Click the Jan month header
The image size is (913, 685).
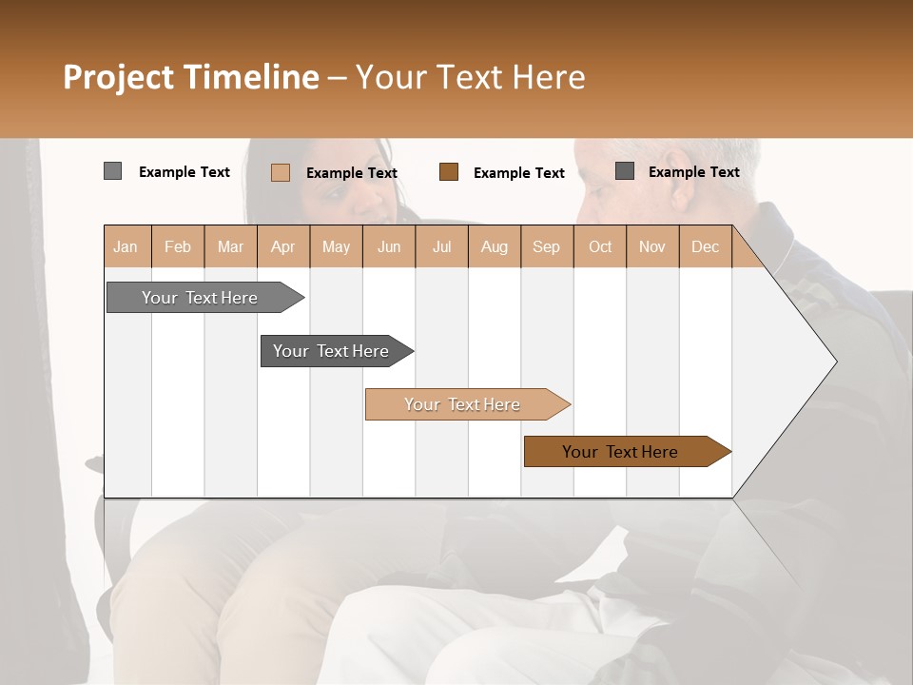(x=126, y=246)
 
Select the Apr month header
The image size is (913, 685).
(x=282, y=246)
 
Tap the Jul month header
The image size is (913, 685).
(x=441, y=246)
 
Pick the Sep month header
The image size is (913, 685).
(x=546, y=246)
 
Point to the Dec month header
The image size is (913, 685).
(x=705, y=246)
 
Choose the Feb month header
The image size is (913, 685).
(x=177, y=246)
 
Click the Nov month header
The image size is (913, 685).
(x=651, y=246)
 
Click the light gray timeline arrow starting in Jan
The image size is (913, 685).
(x=200, y=298)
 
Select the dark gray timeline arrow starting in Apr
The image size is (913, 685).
(x=331, y=351)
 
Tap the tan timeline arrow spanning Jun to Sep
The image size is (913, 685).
(x=462, y=404)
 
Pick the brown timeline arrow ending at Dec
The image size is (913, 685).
(x=620, y=452)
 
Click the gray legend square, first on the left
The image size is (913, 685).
(x=112, y=171)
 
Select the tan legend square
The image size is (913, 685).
(x=280, y=172)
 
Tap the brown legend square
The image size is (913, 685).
(x=449, y=172)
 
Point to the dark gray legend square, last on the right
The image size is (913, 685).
(x=625, y=171)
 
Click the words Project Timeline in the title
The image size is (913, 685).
(x=190, y=77)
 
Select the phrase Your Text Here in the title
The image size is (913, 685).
(x=470, y=77)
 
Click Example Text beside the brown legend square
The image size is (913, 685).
(x=518, y=173)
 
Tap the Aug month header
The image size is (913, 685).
(x=494, y=246)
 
